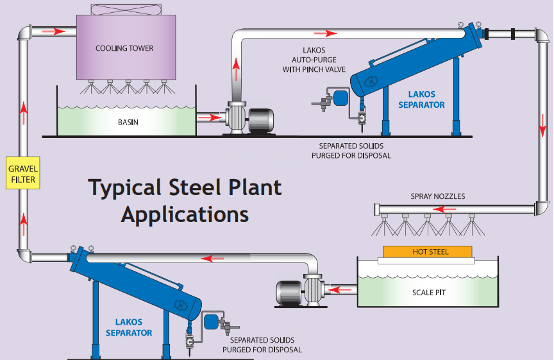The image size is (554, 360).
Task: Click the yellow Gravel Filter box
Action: coord(24,173)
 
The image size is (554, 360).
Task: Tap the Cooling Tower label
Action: coord(124,48)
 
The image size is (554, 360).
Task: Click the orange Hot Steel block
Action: coord(427,252)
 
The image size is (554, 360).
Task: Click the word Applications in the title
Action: coord(185,214)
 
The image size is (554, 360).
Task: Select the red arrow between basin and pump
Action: coord(208,117)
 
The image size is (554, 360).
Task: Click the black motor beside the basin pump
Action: coord(261,119)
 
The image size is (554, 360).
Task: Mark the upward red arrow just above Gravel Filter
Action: coord(24,112)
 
